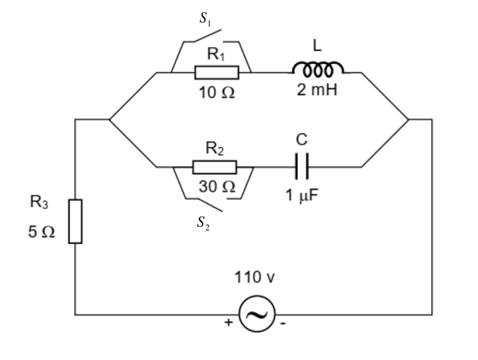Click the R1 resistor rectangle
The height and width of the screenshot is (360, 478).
(x=217, y=73)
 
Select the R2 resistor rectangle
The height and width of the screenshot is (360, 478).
(x=215, y=167)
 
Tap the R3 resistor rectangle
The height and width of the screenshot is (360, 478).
(x=76, y=221)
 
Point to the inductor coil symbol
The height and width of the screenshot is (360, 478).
(x=317, y=69)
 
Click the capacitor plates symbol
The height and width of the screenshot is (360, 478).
(x=302, y=166)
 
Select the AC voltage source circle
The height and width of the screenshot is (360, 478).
(x=257, y=313)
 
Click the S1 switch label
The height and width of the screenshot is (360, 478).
(x=205, y=19)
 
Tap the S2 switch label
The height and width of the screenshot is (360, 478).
(x=203, y=224)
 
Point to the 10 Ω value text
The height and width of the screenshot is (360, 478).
(x=217, y=93)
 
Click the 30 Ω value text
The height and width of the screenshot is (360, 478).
(x=217, y=186)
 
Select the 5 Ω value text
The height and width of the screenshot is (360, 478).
(x=41, y=232)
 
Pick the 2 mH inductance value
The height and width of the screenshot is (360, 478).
(x=317, y=90)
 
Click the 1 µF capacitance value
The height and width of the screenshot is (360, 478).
(x=302, y=195)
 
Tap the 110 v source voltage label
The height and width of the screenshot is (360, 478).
(x=254, y=277)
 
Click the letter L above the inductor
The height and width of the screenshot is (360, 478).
(x=317, y=45)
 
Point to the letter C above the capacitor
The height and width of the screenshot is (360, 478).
(x=302, y=140)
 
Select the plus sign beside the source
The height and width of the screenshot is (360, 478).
(x=228, y=322)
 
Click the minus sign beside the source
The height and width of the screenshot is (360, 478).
(x=283, y=323)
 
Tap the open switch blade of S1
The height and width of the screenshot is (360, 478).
(x=208, y=35)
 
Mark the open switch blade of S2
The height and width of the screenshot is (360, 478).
(x=209, y=205)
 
